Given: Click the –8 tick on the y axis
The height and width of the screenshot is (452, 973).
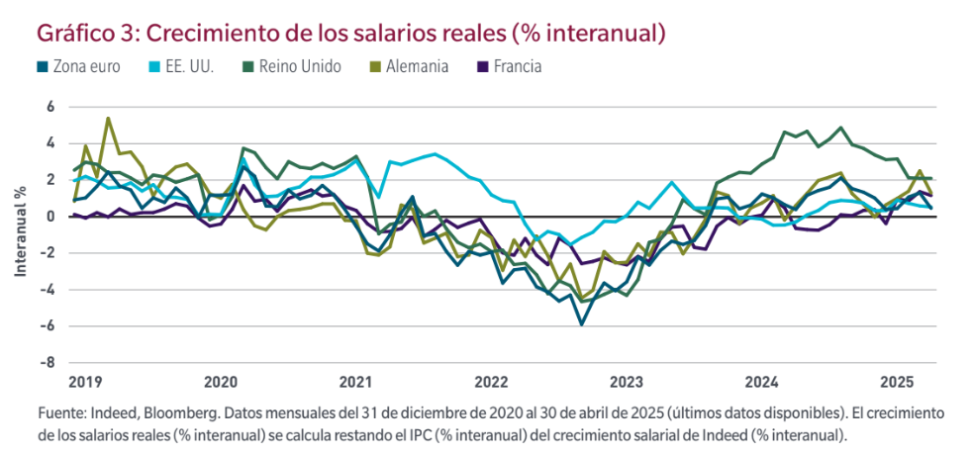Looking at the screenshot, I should coord(47,362).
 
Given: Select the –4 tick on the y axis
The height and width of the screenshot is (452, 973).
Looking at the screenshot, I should coord(47,289).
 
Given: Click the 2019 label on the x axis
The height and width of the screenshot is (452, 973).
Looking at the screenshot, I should coord(84,381).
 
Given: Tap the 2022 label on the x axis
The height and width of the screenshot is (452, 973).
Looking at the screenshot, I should coord(490,381).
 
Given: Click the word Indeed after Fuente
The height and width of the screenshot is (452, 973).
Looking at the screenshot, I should coord(119,410).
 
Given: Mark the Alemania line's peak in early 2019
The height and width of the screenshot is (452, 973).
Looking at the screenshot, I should coord(108,119).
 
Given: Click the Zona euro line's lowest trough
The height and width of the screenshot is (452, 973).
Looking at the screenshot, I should coord(582,323).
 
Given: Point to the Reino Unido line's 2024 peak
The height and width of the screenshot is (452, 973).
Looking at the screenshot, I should coord(841,128).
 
